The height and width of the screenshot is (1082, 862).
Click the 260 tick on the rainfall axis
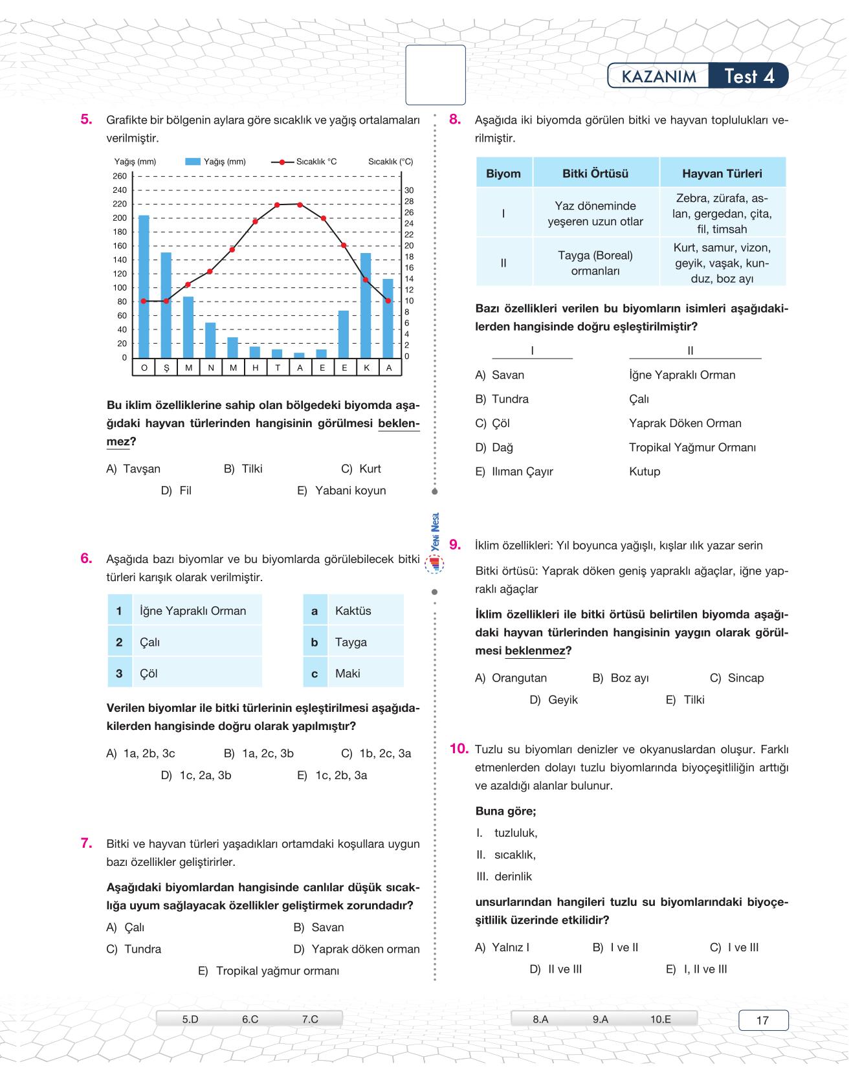point(120,176)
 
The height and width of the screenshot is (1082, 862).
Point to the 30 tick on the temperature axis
point(409,190)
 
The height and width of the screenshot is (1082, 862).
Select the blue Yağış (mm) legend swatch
point(193,162)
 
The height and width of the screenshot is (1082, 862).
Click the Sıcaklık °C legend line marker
point(282,162)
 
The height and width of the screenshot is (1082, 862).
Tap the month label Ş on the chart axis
point(166,368)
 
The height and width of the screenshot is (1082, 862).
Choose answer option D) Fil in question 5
point(177,491)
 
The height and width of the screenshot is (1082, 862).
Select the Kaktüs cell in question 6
point(353,611)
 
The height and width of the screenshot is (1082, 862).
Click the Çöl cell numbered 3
point(149,674)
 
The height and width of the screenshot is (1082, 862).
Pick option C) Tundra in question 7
point(134,949)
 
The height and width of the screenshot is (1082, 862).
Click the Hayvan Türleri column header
point(722,173)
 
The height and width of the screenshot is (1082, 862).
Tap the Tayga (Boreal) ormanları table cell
point(595,263)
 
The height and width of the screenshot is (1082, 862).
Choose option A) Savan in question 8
point(500,375)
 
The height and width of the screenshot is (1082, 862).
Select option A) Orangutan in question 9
point(511,678)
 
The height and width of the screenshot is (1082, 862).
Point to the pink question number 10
point(458,749)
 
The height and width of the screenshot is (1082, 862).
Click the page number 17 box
point(763,1021)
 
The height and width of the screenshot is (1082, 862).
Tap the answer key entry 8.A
point(540,1019)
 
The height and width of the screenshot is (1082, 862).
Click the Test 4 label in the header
point(749,76)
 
